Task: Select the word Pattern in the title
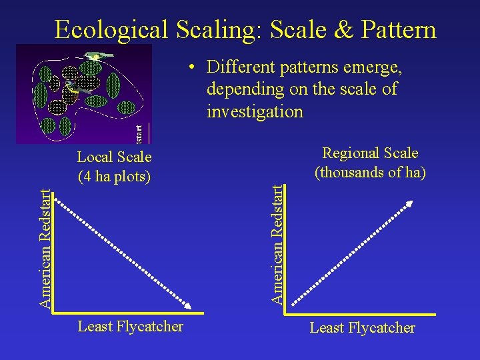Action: pos(396,30)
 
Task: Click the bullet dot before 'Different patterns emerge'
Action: pos(191,67)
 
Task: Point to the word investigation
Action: pos(255,111)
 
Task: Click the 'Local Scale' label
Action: pos(114,157)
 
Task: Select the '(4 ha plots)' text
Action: pos(114,177)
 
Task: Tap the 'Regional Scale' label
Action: pos(370,153)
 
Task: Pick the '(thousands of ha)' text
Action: pos(370,172)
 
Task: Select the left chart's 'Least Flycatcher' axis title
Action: pos(130,326)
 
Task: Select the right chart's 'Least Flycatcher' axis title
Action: pos(362,327)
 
